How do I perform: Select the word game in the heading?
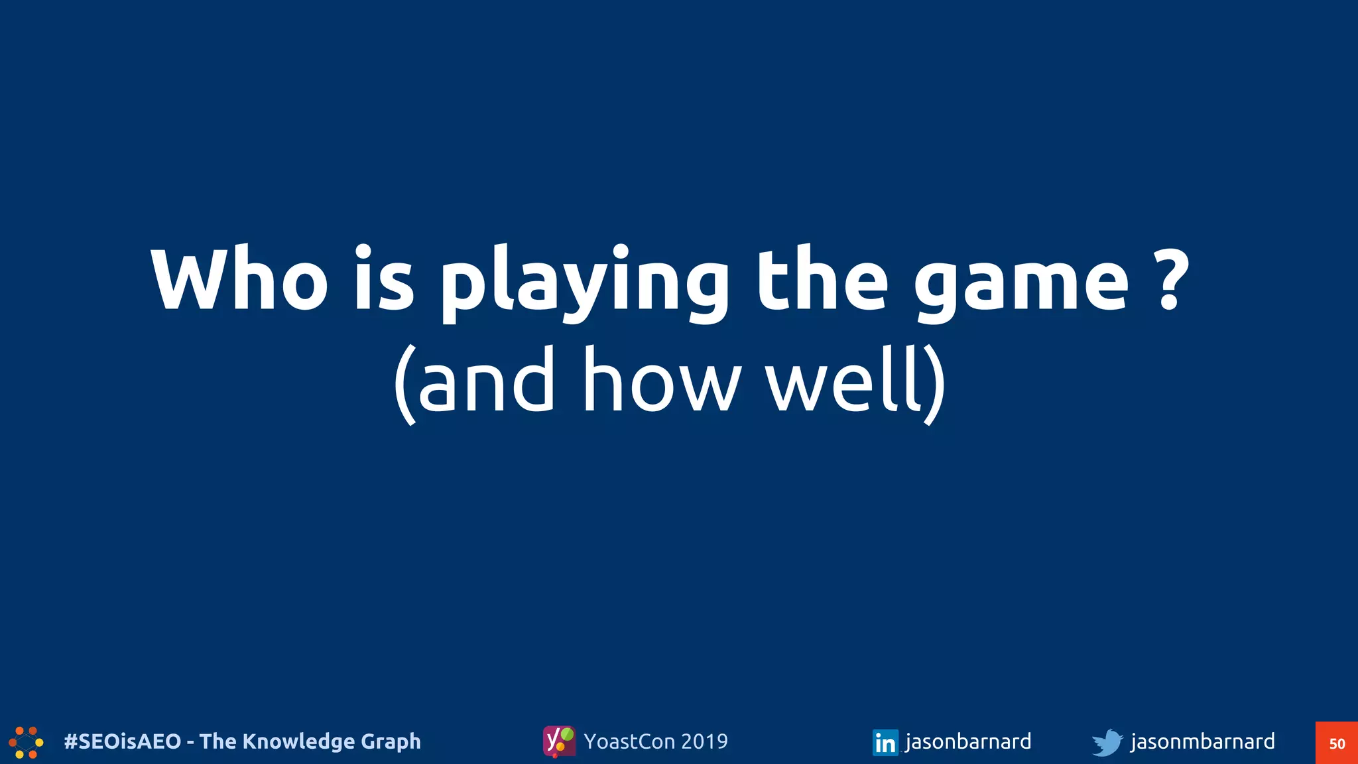(x=1021, y=283)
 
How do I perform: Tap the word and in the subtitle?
(x=487, y=381)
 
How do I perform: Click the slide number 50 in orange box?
(x=1337, y=743)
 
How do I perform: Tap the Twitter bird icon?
(x=1107, y=742)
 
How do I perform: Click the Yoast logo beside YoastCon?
(x=559, y=741)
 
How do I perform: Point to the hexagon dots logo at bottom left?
(x=27, y=742)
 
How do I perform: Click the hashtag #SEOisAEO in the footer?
(x=123, y=741)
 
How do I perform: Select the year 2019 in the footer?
(x=704, y=741)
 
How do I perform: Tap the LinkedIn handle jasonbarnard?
(x=968, y=741)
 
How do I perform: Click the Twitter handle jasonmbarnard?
(x=1202, y=741)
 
